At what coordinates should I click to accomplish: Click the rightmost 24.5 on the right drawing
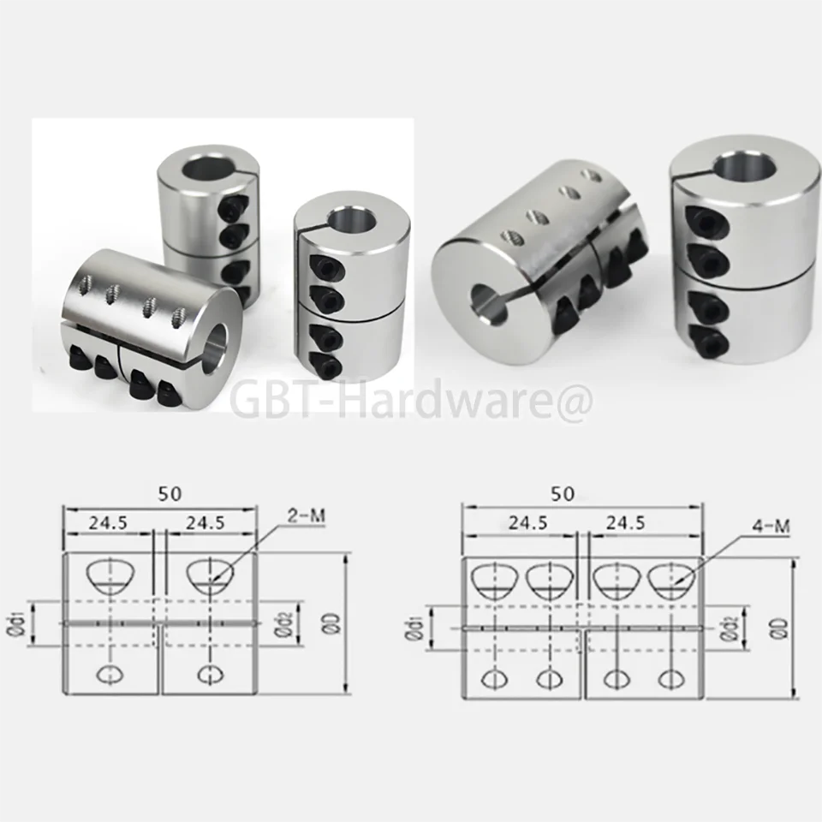point(636,522)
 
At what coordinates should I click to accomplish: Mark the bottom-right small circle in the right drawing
point(670,679)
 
